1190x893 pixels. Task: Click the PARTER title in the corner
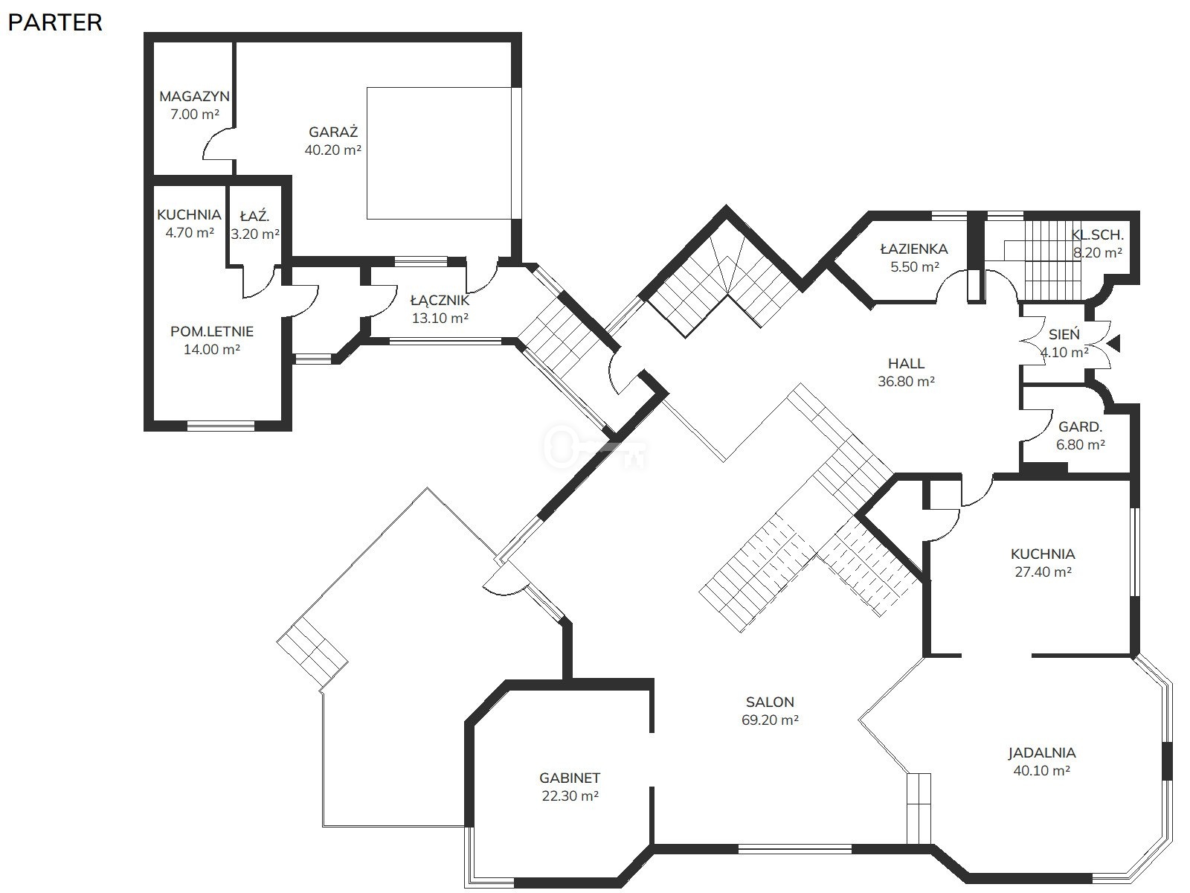click(55, 23)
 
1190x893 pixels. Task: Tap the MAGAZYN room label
click(194, 97)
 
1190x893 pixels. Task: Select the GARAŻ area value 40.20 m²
click(333, 150)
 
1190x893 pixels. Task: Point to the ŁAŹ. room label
click(254, 216)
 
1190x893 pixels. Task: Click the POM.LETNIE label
click(212, 331)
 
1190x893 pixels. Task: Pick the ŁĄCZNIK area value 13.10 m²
click(440, 319)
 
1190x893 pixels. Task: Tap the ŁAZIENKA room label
click(914, 249)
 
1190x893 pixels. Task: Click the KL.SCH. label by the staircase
click(1097, 235)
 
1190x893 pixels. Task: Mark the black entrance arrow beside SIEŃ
click(1113, 343)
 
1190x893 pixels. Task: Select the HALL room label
click(906, 363)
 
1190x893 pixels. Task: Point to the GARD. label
click(1080, 427)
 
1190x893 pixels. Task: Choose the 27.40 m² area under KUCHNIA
click(1043, 572)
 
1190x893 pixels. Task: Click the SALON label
click(770, 702)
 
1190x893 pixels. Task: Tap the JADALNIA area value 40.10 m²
click(1041, 770)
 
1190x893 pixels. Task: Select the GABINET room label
click(570, 778)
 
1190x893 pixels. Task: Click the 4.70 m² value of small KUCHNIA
click(190, 233)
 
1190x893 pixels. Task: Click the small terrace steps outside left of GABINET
click(312, 653)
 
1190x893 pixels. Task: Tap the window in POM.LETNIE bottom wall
click(221, 426)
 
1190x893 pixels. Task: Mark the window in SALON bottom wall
click(795, 849)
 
